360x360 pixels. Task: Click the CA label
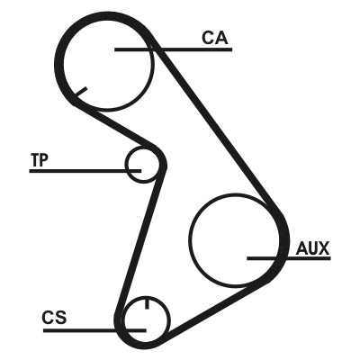[x=215, y=38]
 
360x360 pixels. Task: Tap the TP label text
[x=40, y=159]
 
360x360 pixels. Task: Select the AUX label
[x=312, y=248]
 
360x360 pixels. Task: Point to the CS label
[x=54, y=318]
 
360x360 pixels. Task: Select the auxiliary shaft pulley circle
[x=189, y=239]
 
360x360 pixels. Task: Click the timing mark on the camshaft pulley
[x=81, y=92]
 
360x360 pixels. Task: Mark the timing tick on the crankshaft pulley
[x=147, y=303]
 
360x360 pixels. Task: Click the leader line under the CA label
[x=174, y=49]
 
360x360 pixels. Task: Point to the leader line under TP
[x=85, y=171]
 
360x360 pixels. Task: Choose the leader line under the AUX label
[x=289, y=258]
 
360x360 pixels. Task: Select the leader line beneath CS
[x=94, y=330]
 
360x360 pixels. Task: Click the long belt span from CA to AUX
[x=214, y=126]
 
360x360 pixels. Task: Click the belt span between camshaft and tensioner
[x=115, y=123]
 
